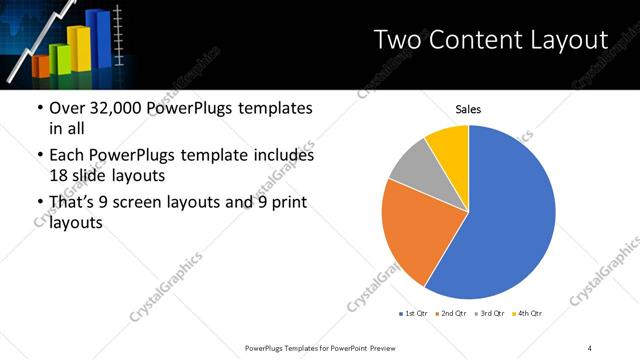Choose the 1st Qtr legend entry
[413, 315]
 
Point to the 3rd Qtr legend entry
[489, 315]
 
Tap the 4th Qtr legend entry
[527, 315]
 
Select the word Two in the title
[395, 40]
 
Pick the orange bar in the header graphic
[41, 65]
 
